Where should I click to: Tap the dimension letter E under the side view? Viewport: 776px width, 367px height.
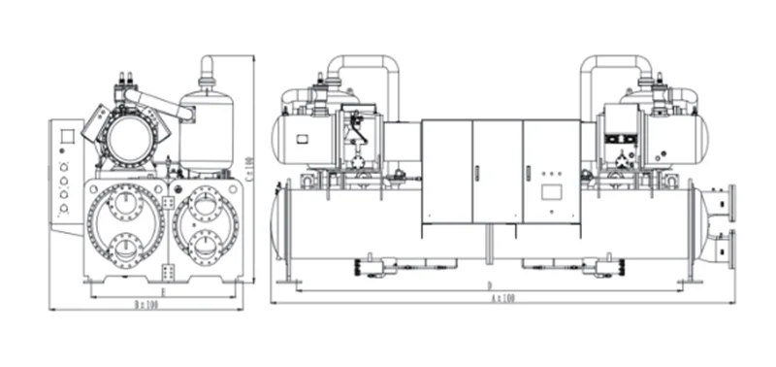[163, 289]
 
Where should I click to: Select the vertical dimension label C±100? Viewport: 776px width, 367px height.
[249, 174]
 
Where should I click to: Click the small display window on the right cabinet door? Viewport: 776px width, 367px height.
[553, 188]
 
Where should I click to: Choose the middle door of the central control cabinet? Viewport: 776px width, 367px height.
[498, 170]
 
